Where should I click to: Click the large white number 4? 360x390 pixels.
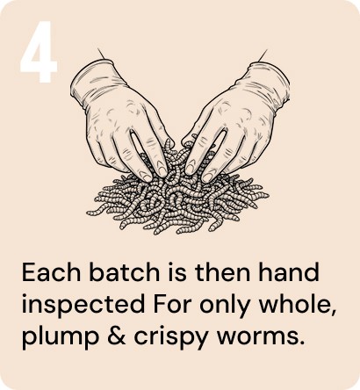pyautogui.click(x=39, y=52)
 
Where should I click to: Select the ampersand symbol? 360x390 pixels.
pyautogui.click(x=117, y=336)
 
